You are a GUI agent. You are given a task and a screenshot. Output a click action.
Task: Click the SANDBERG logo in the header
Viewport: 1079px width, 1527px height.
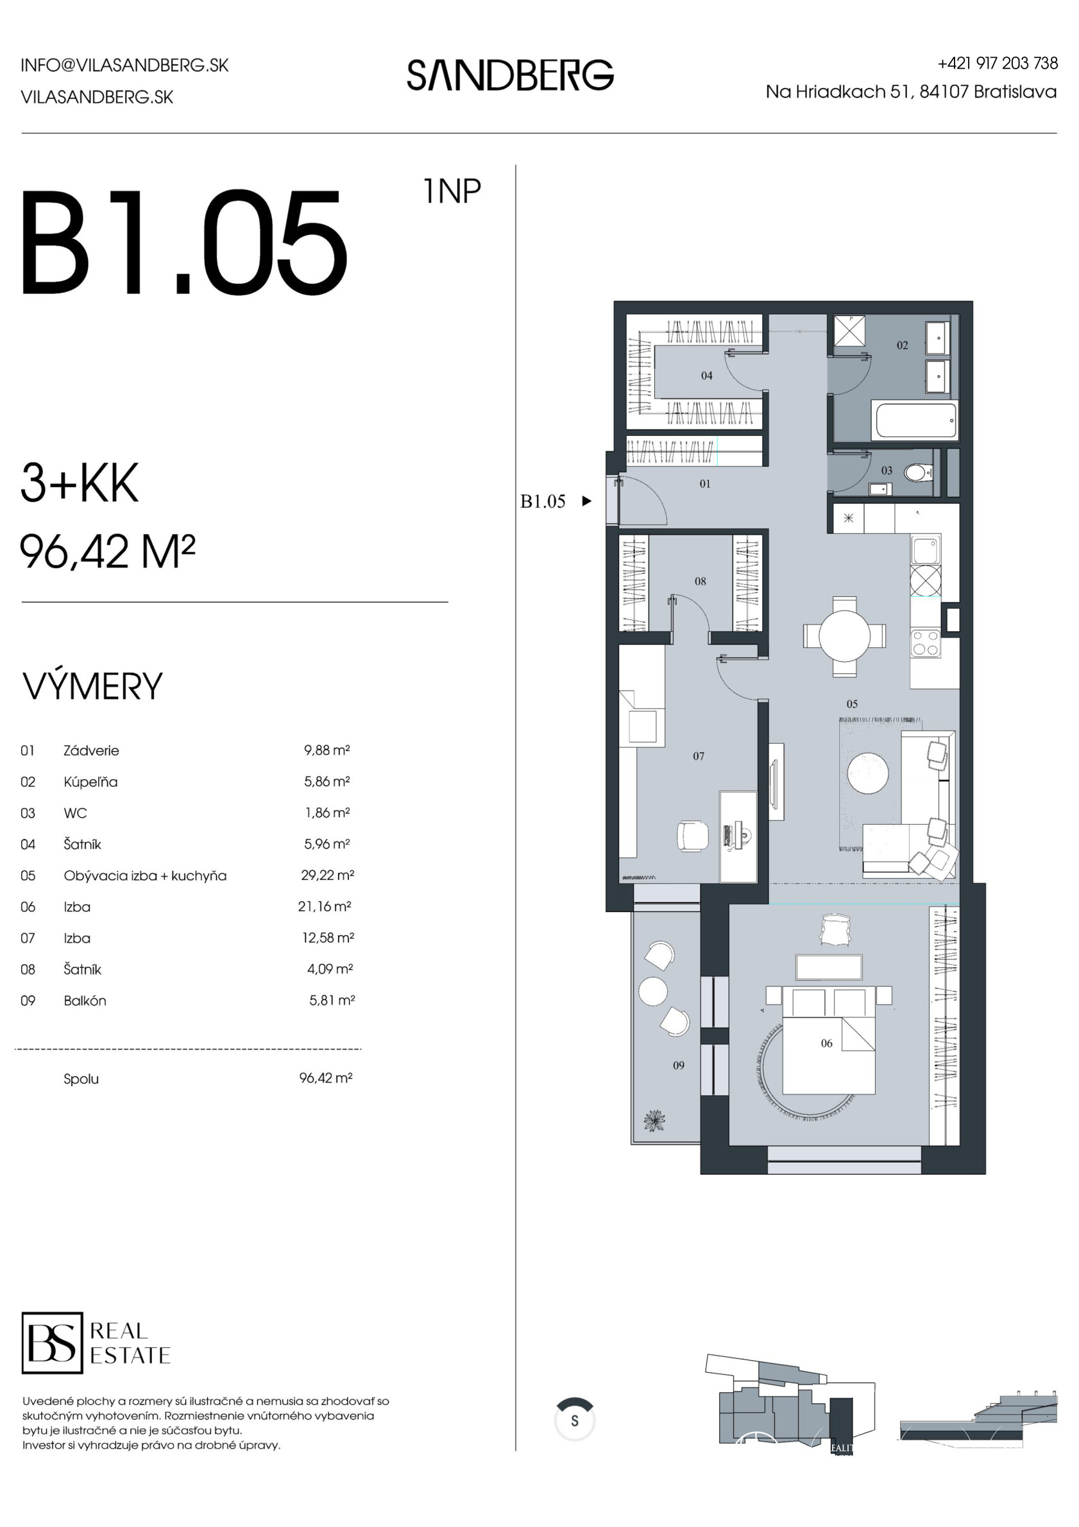pyautogui.click(x=510, y=74)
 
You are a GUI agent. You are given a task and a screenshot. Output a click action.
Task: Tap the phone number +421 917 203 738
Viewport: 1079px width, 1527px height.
pyautogui.click(x=998, y=63)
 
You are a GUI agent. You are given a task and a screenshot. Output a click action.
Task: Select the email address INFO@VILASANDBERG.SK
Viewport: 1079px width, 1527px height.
pyautogui.click(x=124, y=65)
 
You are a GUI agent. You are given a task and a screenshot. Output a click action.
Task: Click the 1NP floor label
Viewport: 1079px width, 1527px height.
pyautogui.click(x=452, y=191)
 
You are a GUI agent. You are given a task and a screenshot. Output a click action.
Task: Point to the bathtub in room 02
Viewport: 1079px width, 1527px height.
pyautogui.click(x=916, y=420)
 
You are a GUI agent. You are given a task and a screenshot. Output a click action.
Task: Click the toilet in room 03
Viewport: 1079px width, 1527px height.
pyautogui.click(x=918, y=473)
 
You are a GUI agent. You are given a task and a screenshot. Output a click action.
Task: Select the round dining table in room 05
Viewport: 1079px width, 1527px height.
pyautogui.click(x=844, y=636)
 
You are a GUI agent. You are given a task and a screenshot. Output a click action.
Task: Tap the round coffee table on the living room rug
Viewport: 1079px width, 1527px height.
pyautogui.click(x=867, y=773)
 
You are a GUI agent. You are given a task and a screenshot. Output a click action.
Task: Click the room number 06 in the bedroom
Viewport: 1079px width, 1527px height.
pyautogui.click(x=826, y=1044)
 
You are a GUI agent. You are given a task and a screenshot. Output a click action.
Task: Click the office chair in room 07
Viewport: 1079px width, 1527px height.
pyautogui.click(x=693, y=836)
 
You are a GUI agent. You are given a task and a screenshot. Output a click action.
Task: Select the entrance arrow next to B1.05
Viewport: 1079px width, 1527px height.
pyautogui.click(x=586, y=501)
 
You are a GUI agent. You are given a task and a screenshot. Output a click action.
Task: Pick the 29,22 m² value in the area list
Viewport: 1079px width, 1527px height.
pyautogui.click(x=327, y=876)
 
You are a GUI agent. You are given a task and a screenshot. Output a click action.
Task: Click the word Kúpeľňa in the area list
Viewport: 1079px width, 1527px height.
pyautogui.click(x=90, y=782)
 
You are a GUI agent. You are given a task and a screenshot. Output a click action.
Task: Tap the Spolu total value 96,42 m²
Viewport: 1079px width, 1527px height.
pyautogui.click(x=326, y=1078)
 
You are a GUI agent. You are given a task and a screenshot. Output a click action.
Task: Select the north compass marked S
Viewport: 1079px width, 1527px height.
pyautogui.click(x=574, y=1420)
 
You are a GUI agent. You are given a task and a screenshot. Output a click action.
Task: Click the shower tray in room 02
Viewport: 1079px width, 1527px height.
pyautogui.click(x=849, y=331)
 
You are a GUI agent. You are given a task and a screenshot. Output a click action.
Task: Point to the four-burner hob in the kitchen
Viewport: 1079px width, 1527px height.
pyautogui.click(x=926, y=643)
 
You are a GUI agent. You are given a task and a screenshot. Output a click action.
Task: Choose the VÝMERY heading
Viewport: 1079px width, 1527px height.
pyautogui.click(x=92, y=686)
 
